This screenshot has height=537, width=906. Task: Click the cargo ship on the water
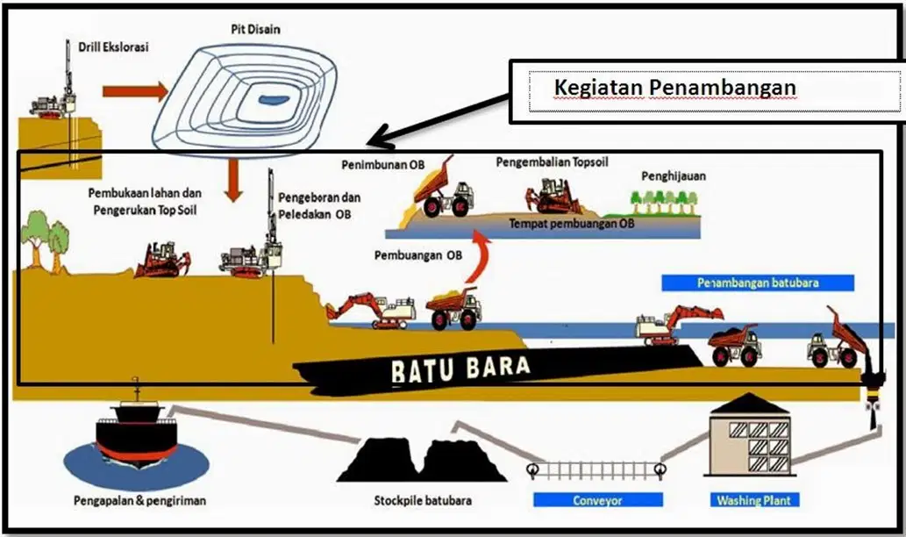pos(137,431)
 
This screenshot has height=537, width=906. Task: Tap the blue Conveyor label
pos(597,500)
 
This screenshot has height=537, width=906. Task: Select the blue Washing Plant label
pos(754,500)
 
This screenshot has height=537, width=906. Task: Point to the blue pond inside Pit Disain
pos(274,100)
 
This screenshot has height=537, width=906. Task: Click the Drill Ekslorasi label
pos(113,47)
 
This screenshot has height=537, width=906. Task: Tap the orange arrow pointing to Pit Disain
pos(135,90)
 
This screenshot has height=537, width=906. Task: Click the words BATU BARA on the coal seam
pos(460,368)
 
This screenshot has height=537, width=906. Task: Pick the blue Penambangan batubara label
pos(758,283)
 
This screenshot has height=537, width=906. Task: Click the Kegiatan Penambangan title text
pos(674,88)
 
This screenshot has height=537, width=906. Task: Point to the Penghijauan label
pos(674,176)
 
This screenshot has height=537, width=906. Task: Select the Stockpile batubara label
pos(423,500)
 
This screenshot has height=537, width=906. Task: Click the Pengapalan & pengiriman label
pos(139,500)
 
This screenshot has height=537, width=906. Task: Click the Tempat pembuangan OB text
pos(571,224)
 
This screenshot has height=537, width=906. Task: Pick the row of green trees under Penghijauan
pos(665,203)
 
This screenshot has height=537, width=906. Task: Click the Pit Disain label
pos(255,29)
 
